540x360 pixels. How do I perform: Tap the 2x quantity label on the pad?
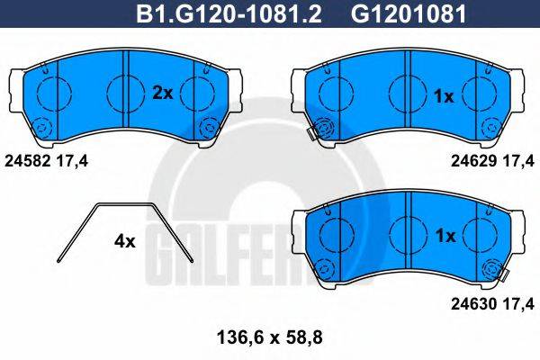point(162,92)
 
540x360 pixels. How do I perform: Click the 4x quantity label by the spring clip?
point(124,241)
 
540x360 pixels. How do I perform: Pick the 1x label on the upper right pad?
point(444,95)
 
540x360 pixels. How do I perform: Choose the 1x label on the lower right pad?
point(444,236)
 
